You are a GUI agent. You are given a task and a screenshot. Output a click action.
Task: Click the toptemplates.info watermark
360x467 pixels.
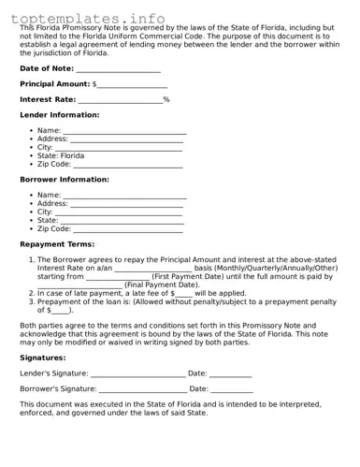(x=89, y=18)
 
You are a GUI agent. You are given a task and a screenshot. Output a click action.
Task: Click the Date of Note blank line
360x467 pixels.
(x=118, y=70)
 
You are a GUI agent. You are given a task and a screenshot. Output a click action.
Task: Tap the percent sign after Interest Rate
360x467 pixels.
(x=166, y=99)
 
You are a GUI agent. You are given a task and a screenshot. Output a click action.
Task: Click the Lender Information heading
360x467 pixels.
(x=59, y=115)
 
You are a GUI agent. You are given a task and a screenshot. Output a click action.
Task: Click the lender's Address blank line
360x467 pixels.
(x=127, y=140)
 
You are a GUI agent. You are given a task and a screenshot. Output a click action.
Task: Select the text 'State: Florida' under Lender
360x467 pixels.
(x=61, y=155)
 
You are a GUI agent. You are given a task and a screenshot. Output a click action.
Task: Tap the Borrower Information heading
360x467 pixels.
(x=65, y=180)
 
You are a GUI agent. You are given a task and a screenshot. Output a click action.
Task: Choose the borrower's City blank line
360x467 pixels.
(x=120, y=213)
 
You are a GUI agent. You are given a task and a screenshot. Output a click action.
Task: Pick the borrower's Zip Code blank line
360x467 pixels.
(x=128, y=229)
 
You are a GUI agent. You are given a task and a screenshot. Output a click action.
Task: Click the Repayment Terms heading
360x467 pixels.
(x=57, y=244)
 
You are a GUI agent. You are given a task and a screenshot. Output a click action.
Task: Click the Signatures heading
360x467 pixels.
(x=43, y=358)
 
